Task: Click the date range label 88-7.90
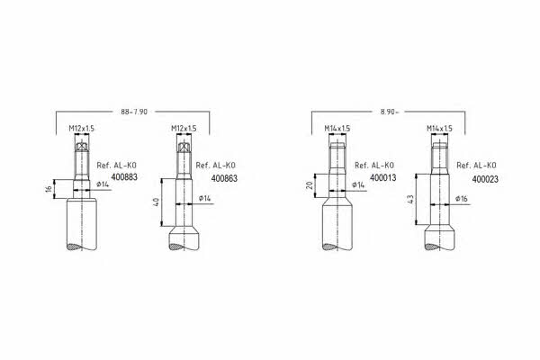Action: (134, 112)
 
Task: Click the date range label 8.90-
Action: (390, 112)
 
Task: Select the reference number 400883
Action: (124, 177)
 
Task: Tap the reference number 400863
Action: (224, 178)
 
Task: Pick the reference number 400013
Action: (383, 178)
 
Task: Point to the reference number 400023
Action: (485, 179)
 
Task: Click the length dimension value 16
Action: (49, 189)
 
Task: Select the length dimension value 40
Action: (156, 202)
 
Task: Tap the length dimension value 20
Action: (310, 185)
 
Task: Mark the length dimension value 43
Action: (410, 199)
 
